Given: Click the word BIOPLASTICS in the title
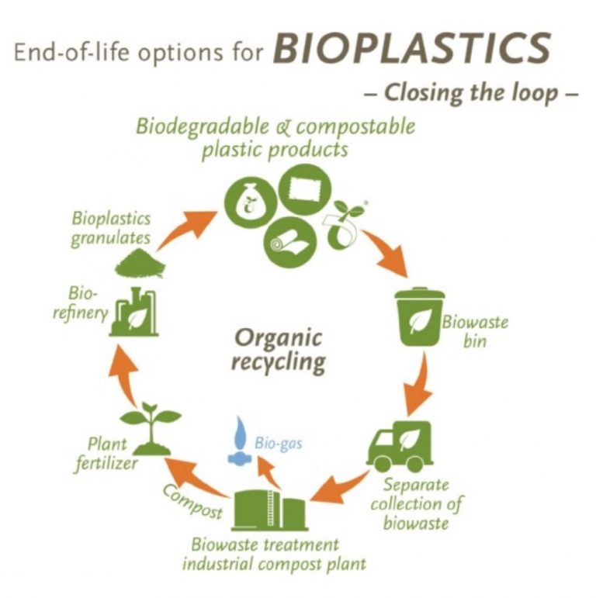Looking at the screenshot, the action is tap(412, 47).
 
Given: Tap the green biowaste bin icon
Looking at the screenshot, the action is tap(420, 317).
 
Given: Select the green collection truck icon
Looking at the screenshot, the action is tap(400, 446).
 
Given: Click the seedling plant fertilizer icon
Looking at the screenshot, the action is tap(151, 428).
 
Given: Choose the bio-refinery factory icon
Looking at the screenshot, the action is tap(134, 312).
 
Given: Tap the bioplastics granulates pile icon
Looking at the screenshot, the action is tap(140, 262).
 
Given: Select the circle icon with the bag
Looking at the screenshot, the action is tap(250, 202).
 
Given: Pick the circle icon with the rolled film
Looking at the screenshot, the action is tap(291, 243).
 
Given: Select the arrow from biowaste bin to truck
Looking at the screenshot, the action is tap(418, 385).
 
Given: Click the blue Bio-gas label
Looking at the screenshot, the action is tap(279, 444).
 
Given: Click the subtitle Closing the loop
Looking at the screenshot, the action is tap(471, 92).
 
